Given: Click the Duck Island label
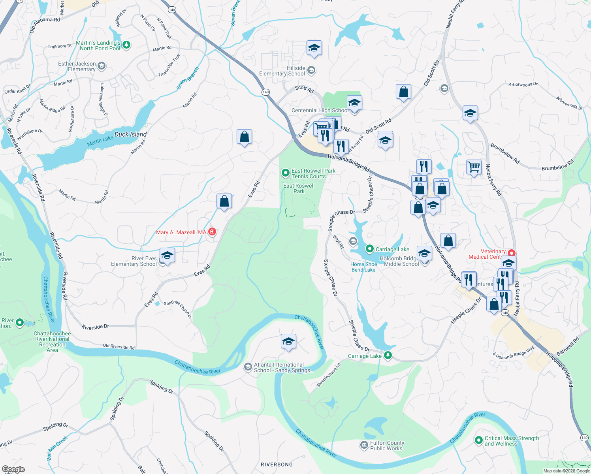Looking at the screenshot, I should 130,134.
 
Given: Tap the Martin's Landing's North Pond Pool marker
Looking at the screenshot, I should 126,45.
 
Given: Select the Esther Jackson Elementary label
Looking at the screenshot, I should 77,66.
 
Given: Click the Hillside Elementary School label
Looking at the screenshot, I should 282,71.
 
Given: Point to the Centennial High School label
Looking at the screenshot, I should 320,110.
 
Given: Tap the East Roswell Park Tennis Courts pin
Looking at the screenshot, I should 285,173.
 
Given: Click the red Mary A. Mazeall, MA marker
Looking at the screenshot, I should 212,232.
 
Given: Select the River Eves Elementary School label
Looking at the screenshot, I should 134,261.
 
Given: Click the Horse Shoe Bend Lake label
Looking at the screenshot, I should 363,267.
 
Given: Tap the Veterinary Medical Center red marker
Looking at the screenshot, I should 512,253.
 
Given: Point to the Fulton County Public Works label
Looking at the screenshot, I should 387,446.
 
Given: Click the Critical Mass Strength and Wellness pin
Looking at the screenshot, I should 479,440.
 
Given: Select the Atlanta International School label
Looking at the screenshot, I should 283,367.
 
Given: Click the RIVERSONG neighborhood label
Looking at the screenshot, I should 277,465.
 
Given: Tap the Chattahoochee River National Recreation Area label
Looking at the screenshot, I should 52,342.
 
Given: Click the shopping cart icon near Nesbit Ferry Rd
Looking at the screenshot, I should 474,167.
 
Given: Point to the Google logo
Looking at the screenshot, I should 13,469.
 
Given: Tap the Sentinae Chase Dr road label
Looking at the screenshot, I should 178,309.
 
